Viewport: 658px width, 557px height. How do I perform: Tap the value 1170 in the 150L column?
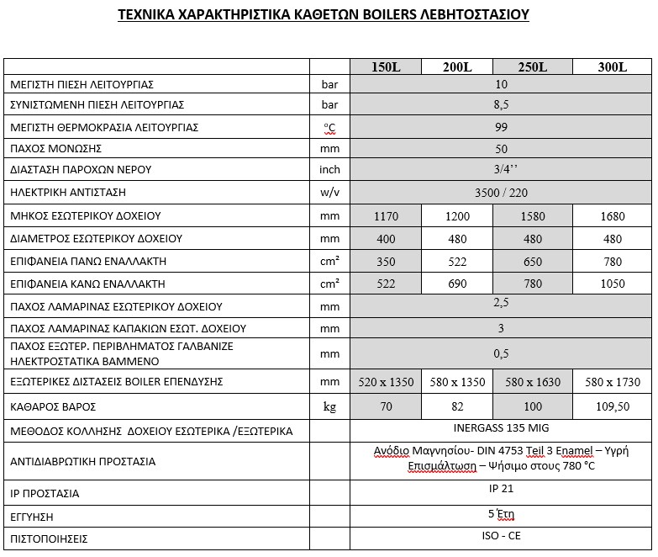tap(386, 216)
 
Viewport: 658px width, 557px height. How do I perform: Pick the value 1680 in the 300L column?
tap(613, 216)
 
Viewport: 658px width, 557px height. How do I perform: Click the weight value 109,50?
tap(613, 406)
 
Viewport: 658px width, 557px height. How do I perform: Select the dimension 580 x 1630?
tap(533, 382)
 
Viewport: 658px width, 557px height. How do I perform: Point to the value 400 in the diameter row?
tap(386, 239)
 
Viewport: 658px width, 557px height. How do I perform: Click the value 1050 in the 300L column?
tap(613, 284)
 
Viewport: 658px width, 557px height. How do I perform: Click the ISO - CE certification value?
tap(502, 537)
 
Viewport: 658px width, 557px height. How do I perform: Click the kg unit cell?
tap(330, 407)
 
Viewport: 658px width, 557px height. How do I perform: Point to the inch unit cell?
tap(330, 170)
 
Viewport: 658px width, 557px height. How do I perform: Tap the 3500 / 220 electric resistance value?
tap(502, 193)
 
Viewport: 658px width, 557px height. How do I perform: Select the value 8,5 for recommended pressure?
tap(502, 105)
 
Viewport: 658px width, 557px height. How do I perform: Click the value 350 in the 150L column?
tap(386, 262)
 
